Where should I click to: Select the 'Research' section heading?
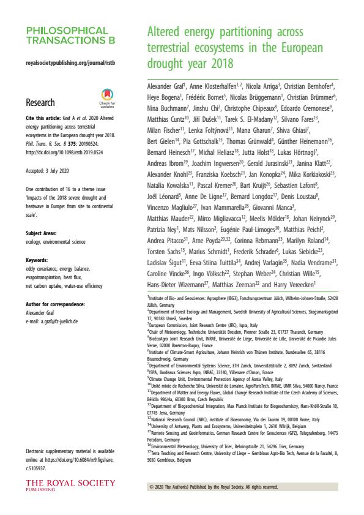coord(40,103)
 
